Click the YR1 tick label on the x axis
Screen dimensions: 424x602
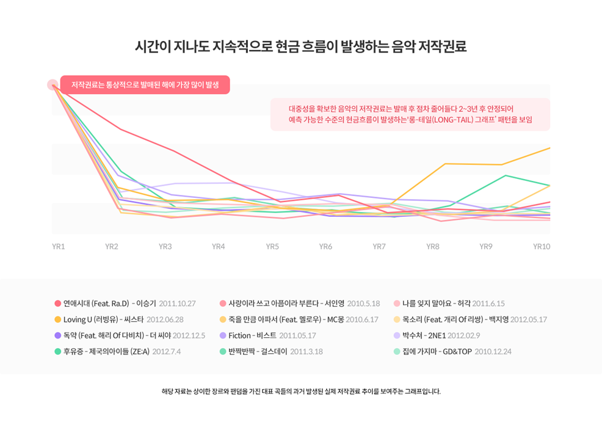[59, 246]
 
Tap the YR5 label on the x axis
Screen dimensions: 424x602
[272, 246]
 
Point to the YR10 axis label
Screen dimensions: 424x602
[542, 246]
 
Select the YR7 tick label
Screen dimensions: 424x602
[379, 246]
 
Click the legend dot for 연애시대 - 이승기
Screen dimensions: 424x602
[57, 304]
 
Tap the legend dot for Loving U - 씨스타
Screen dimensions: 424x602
[57, 320]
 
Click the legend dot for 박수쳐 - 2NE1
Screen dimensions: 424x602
[397, 335]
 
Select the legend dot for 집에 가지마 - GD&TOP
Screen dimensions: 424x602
[397, 351]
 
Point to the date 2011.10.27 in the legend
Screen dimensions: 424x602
[176, 304]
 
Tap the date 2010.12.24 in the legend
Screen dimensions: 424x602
[493, 351]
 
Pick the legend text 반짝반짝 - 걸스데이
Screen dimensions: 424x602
[258, 351]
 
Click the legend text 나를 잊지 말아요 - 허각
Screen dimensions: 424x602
[436, 304]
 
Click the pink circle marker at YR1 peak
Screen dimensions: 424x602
[53, 85]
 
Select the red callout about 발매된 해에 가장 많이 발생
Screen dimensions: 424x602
[145, 85]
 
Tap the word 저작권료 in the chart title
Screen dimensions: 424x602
[442, 47]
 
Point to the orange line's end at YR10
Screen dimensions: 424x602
[549, 148]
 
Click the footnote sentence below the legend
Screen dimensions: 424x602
[301, 391]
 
